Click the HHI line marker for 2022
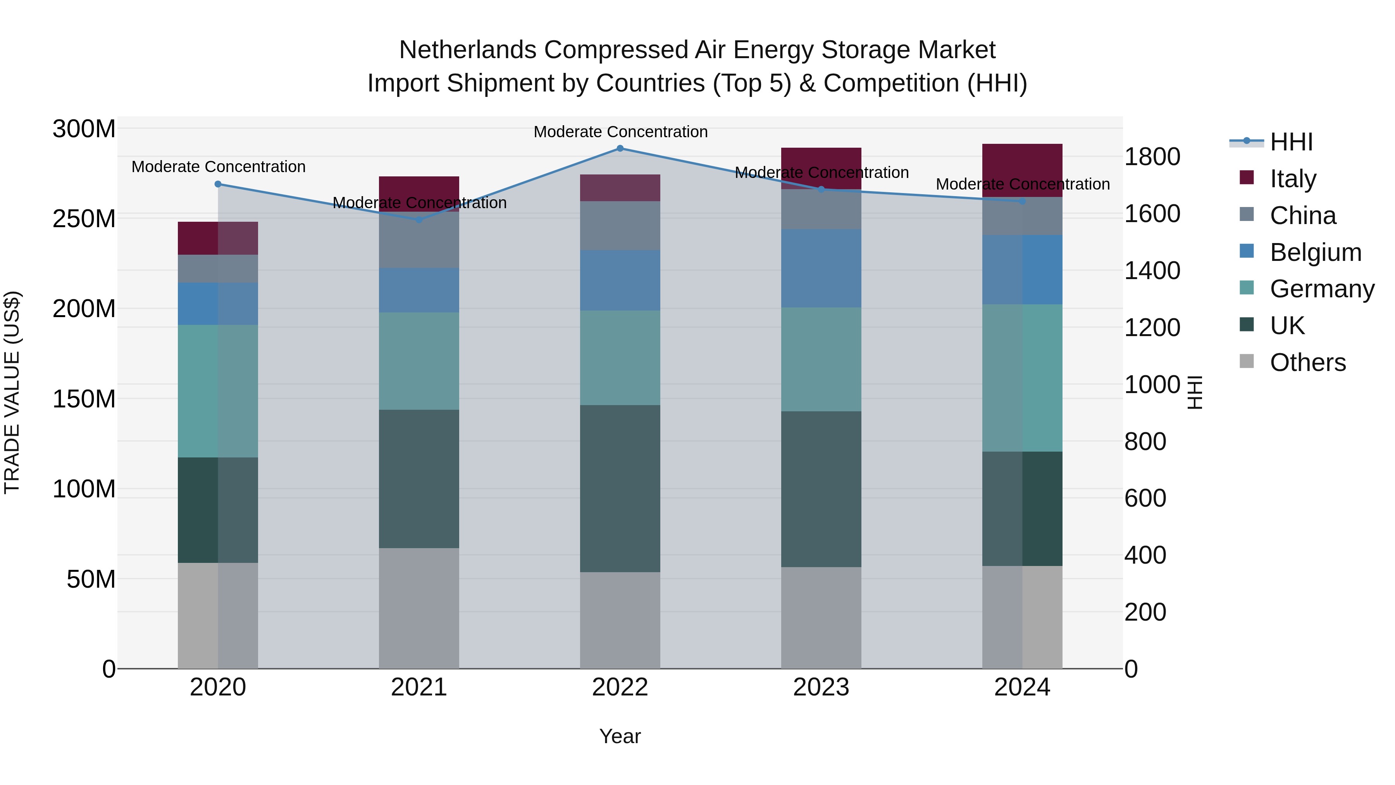tap(620, 148)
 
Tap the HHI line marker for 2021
tap(418, 220)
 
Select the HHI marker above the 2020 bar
tap(218, 184)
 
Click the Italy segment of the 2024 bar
tap(1022, 170)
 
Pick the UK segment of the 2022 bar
tap(620, 489)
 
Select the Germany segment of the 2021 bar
tap(418, 361)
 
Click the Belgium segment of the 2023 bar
tap(821, 268)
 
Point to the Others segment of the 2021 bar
tap(418, 608)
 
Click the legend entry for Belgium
tap(1315, 252)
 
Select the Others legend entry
tap(1307, 362)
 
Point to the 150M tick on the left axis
tap(84, 399)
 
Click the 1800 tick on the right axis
tap(1152, 157)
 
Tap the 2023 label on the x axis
tap(821, 687)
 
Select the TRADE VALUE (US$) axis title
tap(12, 393)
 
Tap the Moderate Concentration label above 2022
tap(620, 132)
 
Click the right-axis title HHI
tap(1195, 393)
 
